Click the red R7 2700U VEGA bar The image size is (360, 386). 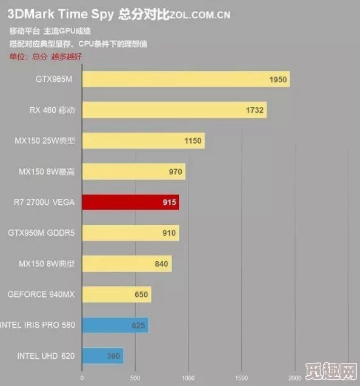click(130, 202)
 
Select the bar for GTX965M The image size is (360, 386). click(185, 79)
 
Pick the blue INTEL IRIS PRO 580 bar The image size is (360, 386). click(115, 325)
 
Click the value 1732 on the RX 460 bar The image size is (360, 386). click(255, 110)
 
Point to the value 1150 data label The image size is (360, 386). click(192, 141)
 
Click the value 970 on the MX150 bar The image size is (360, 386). click(175, 172)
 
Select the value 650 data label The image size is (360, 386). click(141, 295)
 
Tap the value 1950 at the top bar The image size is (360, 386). click(278, 79)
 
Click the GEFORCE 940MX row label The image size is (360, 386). click(41, 294)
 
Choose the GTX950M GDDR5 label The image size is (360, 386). click(41, 233)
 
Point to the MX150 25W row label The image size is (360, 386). click(45, 141)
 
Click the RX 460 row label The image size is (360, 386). click(52, 110)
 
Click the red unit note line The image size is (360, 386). click(45, 56)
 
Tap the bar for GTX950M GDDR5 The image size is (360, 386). click(130, 233)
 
